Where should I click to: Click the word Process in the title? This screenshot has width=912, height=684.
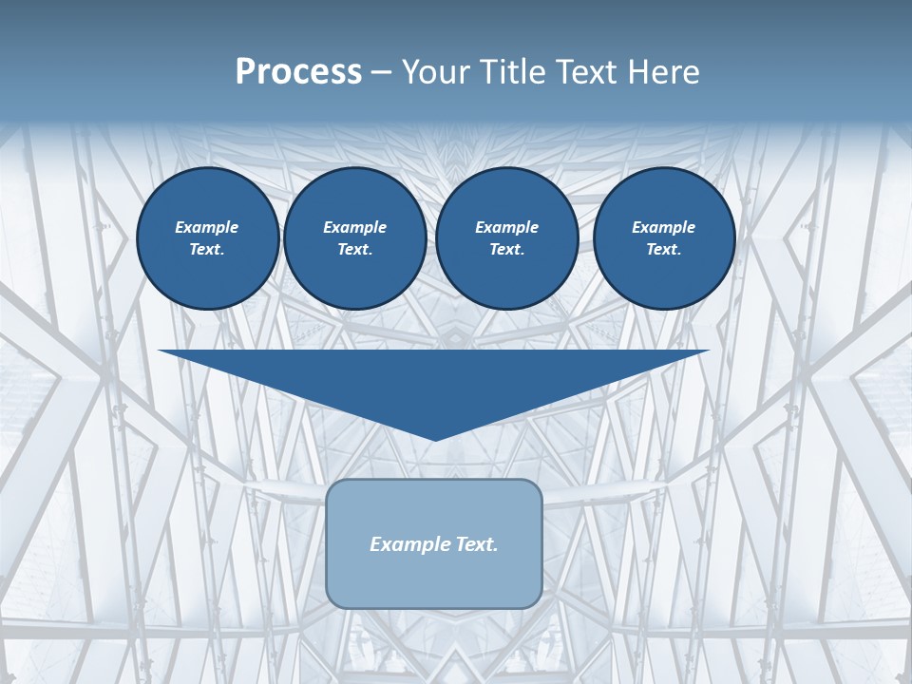298,72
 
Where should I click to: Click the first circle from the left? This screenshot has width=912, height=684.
208,238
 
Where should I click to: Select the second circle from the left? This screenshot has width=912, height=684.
355,238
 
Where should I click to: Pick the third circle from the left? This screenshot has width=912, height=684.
507,238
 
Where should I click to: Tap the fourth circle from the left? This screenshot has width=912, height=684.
664,238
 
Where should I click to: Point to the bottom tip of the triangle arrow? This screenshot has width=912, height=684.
435,439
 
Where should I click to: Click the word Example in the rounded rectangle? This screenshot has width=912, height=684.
407,544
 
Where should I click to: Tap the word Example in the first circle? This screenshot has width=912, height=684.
207,227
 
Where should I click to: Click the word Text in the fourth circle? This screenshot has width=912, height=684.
663,250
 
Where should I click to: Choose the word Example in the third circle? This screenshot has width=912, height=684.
506,227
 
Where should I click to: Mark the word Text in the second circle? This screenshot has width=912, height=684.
354,250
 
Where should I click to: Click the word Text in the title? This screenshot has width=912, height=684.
583,72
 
